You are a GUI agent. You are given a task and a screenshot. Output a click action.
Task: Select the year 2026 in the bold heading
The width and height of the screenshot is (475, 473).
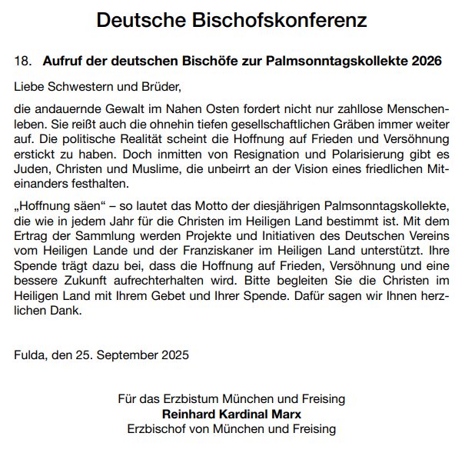(x=427, y=61)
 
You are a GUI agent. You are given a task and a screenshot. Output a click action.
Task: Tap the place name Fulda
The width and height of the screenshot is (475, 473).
(x=29, y=355)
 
